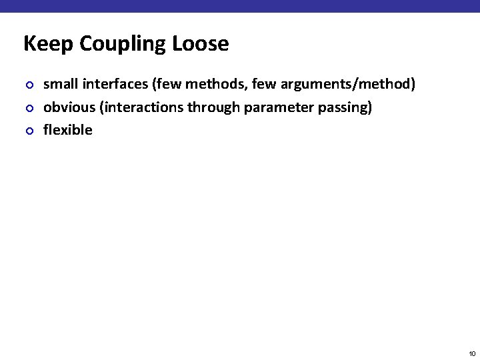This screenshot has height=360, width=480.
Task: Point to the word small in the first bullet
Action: pyautogui.click(x=59, y=84)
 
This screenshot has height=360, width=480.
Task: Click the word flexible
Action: pyautogui.click(x=67, y=130)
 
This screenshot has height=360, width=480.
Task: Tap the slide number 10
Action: pyautogui.click(x=472, y=353)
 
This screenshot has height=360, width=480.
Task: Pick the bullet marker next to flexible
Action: pyautogui.click(x=27, y=131)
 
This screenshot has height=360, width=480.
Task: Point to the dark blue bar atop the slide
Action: pyautogui.click(x=240, y=6)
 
